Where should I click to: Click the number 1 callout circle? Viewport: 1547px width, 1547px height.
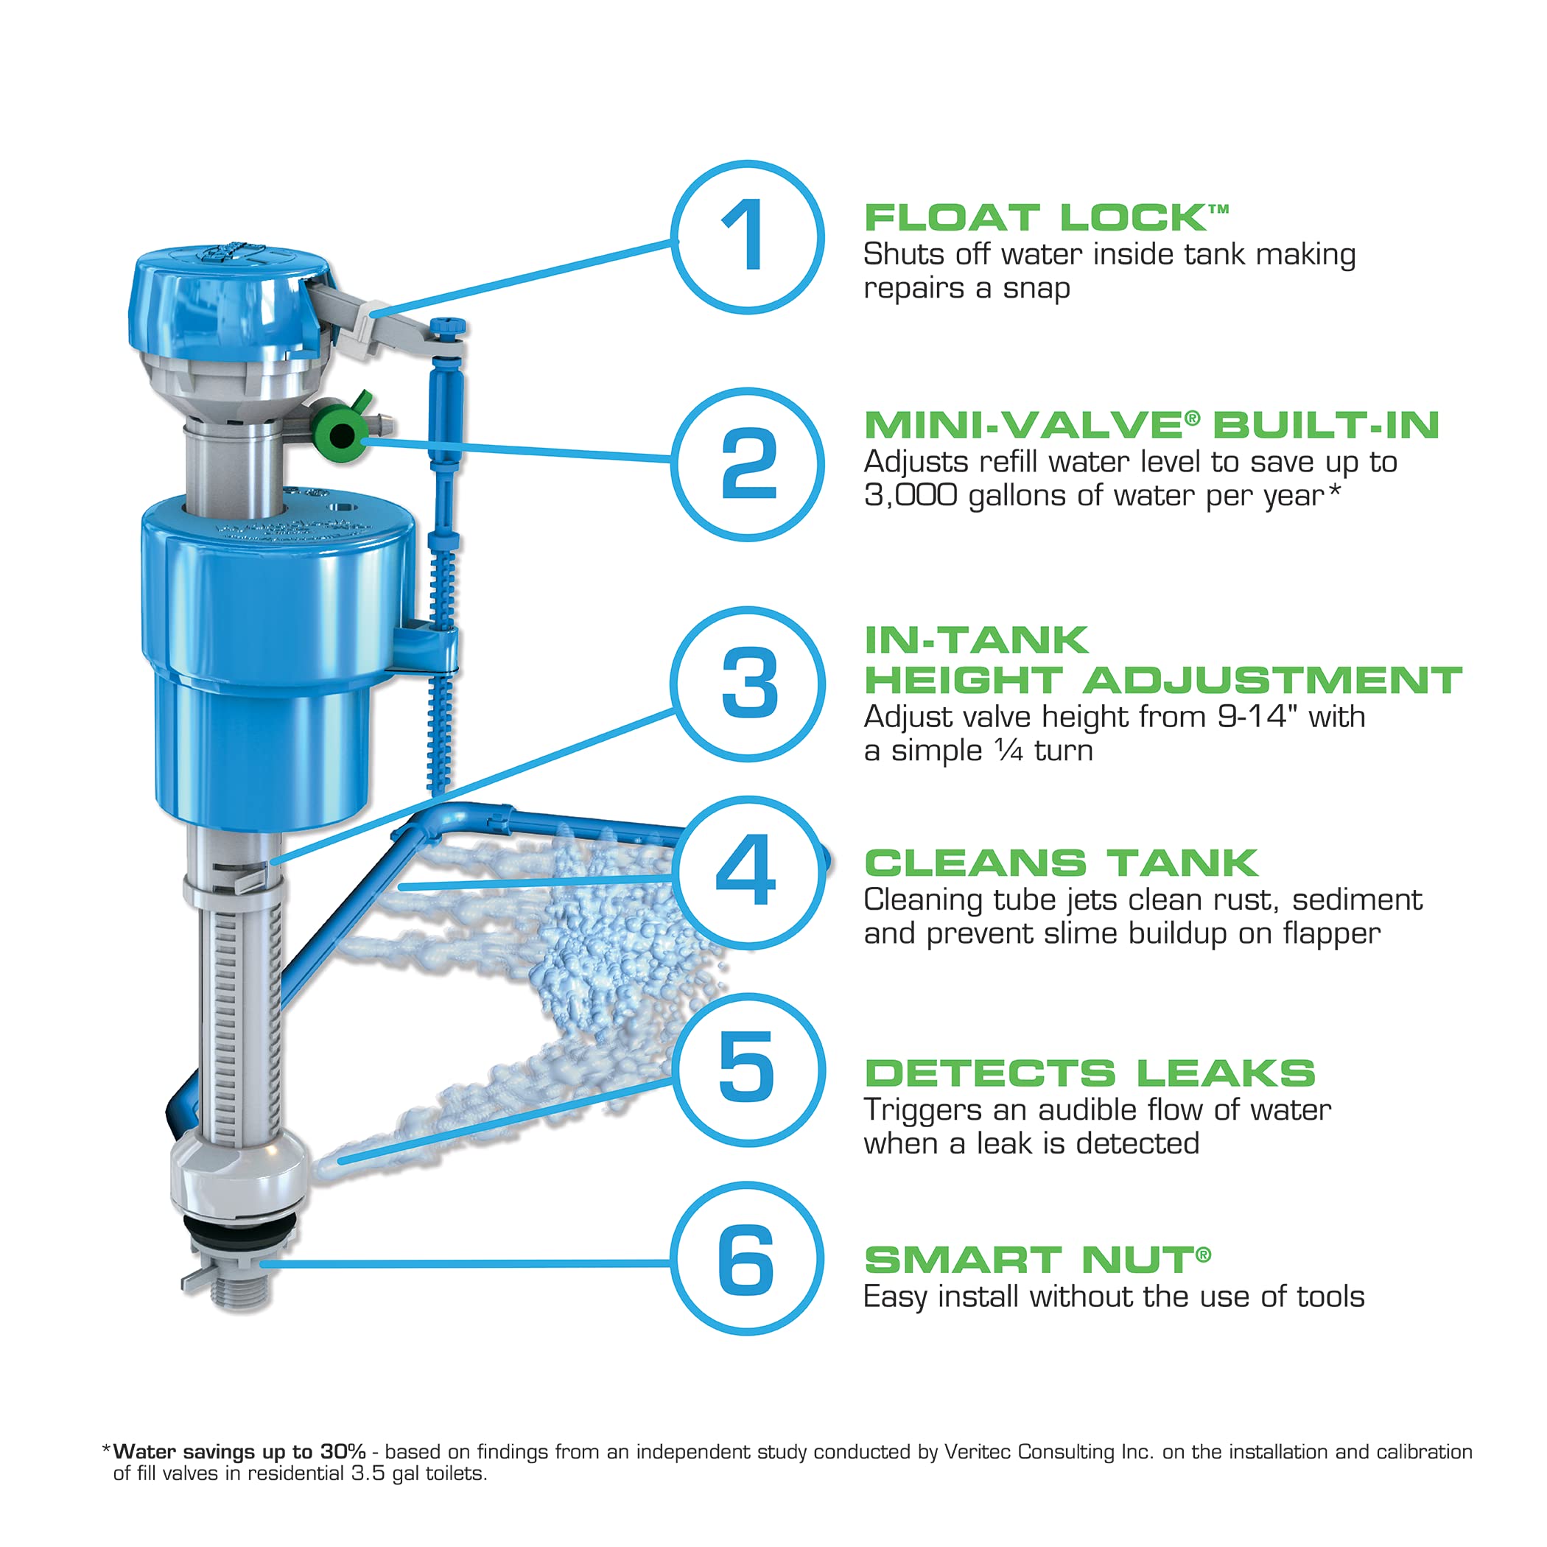coord(747,237)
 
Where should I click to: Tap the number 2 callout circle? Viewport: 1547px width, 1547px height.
coord(747,464)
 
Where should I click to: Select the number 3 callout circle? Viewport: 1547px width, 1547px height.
coord(747,683)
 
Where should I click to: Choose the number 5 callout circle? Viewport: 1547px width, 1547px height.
coord(747,1068)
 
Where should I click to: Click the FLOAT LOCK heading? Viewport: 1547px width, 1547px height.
coord(1045,218)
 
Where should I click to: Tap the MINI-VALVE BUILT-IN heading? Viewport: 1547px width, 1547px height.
coord(1151,424)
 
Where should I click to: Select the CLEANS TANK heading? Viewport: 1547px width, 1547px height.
coord(1060,863)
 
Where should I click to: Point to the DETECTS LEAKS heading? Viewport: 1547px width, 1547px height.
coord(1090,1073)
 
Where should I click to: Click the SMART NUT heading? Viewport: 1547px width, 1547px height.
coord(1036,1260)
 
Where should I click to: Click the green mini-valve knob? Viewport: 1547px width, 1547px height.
coord(340,435)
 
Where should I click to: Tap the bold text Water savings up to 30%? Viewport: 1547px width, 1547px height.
coord(239,1452)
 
